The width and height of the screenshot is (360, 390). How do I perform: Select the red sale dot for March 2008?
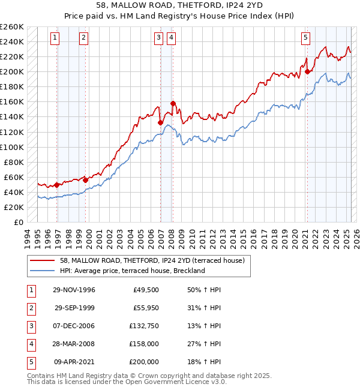click(173, 103)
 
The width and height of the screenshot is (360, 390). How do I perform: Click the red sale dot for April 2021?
click(307, 71)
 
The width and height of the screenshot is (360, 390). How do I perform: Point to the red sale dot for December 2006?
click(160, 122)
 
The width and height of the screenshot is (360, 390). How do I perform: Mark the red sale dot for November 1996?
click(57, 185)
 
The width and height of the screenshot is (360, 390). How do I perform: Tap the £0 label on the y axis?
click(18, 222)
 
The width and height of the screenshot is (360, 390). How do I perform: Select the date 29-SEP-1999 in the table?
click(75, 308)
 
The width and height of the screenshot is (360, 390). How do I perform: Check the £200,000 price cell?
click(144, 362)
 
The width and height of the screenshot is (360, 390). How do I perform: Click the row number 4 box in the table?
click(30, 344)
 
